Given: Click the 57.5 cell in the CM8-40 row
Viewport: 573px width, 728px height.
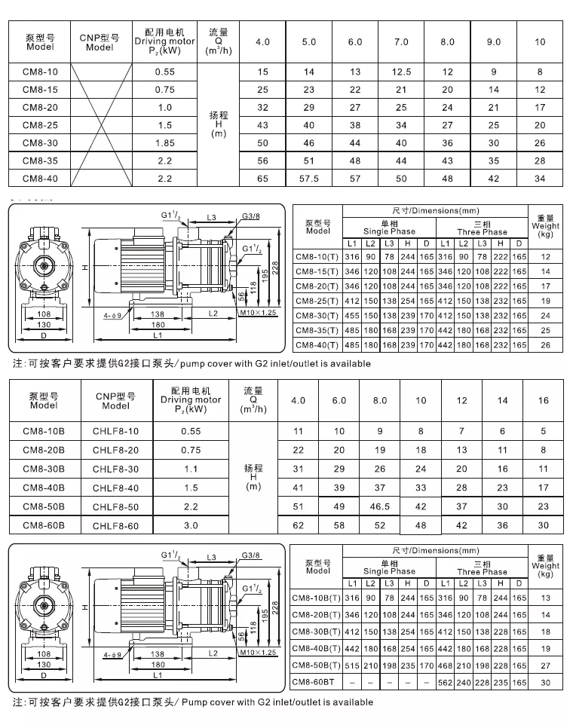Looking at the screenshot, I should [309, 179].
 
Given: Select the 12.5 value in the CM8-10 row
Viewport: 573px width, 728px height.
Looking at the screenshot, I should [401, 72].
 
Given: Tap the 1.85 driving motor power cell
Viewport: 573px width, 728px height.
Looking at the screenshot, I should [164, 143].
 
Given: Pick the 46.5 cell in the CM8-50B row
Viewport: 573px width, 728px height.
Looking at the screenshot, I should [380, 507].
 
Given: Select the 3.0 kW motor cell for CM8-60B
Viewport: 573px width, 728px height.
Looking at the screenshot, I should [192, 525].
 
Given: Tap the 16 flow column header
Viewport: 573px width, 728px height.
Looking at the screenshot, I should [544, 400].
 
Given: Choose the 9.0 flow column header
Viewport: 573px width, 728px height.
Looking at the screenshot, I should [494, 42].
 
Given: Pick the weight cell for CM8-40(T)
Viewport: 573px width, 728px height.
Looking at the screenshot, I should [545, 344].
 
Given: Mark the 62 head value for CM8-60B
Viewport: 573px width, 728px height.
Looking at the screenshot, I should [298, 525].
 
